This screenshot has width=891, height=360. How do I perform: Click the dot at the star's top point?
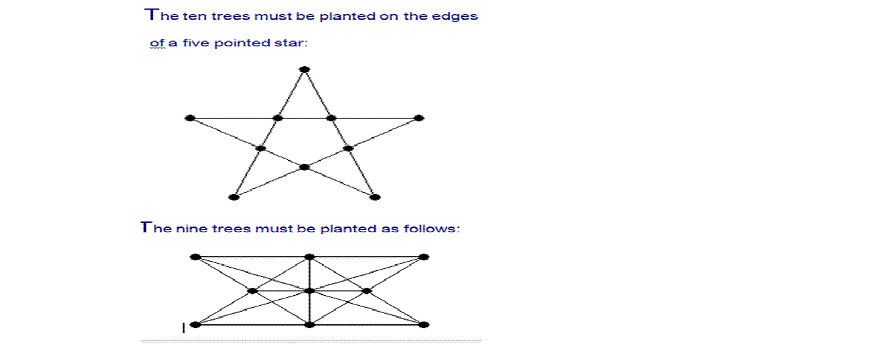pyautogui.click(x=305, y=69)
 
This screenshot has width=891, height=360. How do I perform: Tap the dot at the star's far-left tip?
pyautogui.click(x=189, y=118)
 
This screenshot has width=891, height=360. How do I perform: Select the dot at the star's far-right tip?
pyautogui.click(x=419, y=118)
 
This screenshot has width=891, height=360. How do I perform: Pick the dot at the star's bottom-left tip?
pyautogui.click(x=234, y=197)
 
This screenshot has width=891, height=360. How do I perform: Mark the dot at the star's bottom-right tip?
pyautogui.click(x=375, y=197)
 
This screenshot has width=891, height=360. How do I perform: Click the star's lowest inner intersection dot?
pyautogui.click(x=305, y=167)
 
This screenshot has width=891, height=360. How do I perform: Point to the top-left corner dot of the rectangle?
pyautogui.click(x=195, y=256)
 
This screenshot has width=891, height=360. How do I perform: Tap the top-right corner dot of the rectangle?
pyautogui.click(x=423, y=256)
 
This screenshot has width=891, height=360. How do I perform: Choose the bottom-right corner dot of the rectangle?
pyautogui.click(x=423, y=325)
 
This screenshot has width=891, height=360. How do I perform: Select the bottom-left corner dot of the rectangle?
pyautogui.click(x=195, y=325)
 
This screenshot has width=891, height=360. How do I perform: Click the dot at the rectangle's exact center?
pyautogui.click(x=309, y=290)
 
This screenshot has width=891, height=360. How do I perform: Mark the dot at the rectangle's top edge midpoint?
pyautogui.click(x=309, y=256)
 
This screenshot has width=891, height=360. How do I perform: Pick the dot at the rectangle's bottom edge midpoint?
pyautogui.click(x=309, y=325)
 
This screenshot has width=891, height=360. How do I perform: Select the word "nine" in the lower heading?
pyautogui.click(x=191, y=229)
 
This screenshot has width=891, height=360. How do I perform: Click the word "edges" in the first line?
pyautogui.click(x=459, y=17)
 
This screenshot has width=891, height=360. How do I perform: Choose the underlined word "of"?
pyautogui.click(x=157, y=43)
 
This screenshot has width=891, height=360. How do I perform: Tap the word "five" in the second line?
pyautogui.click(x=195, y=43)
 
